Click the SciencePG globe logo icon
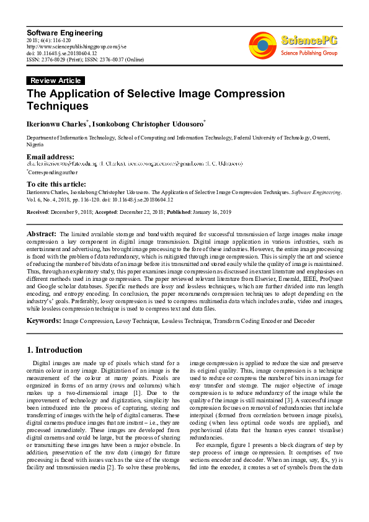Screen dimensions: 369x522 (262, 45)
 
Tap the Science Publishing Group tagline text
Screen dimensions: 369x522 (308, 54)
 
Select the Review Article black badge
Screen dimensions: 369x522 (55, 81)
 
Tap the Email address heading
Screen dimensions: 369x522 (50, 157)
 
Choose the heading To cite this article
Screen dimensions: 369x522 (60, 184)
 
